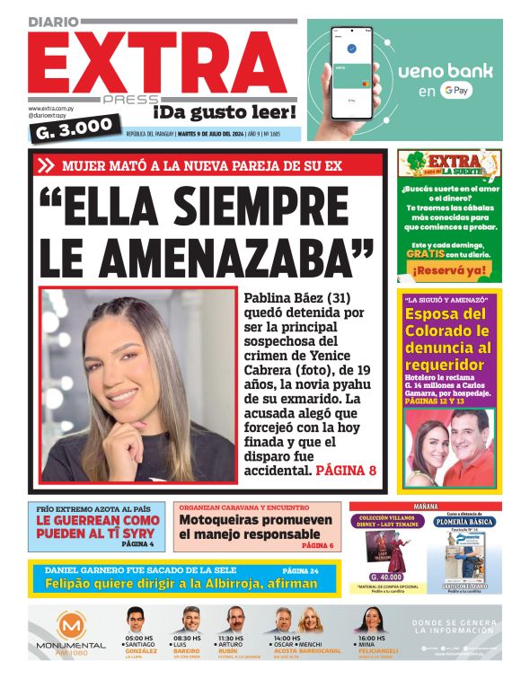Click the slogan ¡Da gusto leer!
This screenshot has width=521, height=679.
[x=224, y=112]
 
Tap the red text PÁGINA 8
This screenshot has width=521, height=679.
[x=346, y=470]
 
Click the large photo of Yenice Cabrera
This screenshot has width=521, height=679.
[x=138, y=386]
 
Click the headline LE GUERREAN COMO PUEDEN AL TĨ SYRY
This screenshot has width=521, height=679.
[x=98, y=526]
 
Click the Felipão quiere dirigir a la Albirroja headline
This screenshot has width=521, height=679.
[x=181, y=584]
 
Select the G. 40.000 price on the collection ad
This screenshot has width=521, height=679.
[x=386, y=577]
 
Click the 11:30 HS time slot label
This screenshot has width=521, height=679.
[x=231, y=639]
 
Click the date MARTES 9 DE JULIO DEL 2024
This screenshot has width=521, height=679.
[x=219, y=135]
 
